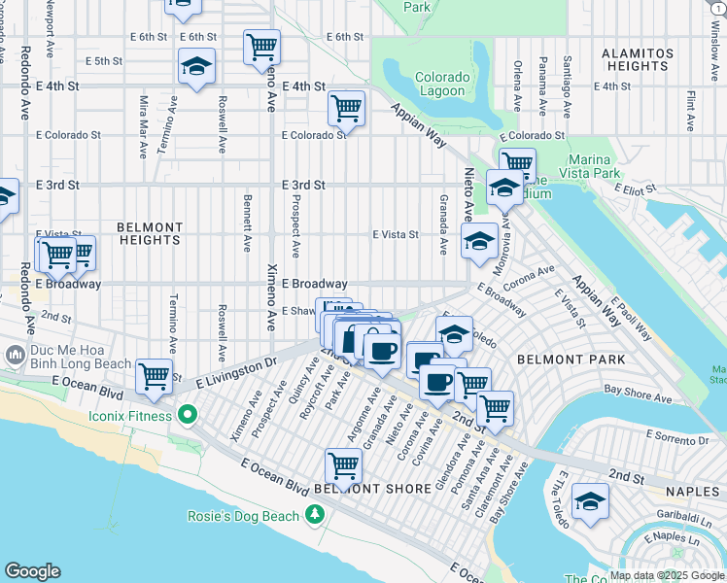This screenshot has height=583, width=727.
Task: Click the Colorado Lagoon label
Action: coord(442,86)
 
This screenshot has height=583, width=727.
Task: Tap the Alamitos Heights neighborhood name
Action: coord(636,59)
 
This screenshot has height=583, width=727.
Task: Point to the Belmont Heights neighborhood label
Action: coord(149,232)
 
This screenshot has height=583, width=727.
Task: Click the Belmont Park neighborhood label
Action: coord(557,359)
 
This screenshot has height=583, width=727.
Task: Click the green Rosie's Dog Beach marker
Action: coord(314,515)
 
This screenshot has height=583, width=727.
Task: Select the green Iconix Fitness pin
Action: coord(188,416)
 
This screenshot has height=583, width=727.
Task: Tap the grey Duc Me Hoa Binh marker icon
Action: coord(14,356)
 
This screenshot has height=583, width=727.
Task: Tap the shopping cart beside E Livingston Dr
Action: coord(155,375)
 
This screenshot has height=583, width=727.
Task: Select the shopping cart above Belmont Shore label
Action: coord(343,464)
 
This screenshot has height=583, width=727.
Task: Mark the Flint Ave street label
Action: coord(690,111)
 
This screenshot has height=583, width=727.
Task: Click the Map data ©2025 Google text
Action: coord(667,575)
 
